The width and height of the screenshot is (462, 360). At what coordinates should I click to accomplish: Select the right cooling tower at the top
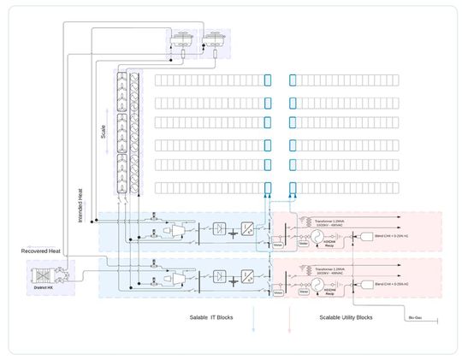click(212, 39)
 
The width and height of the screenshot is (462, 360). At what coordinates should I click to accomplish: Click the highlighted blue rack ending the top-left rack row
click(268, 80)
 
